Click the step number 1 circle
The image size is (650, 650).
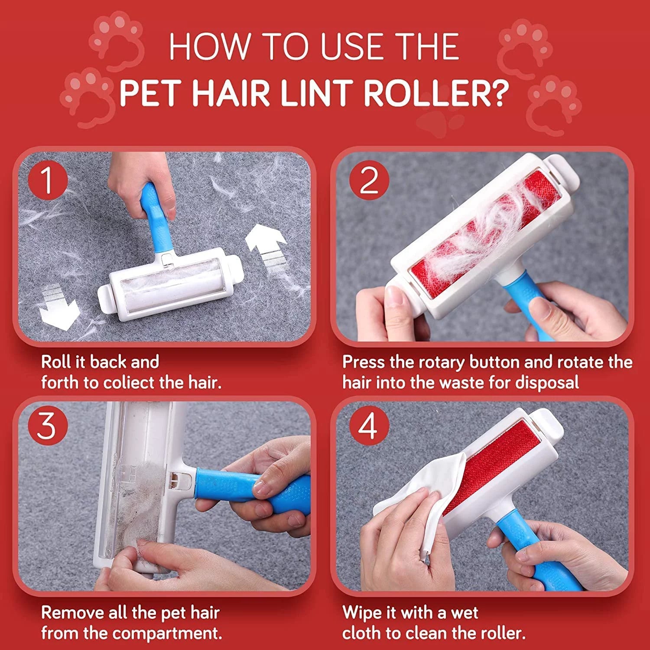[48, 180]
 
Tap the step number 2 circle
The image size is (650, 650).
[369, 180]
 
